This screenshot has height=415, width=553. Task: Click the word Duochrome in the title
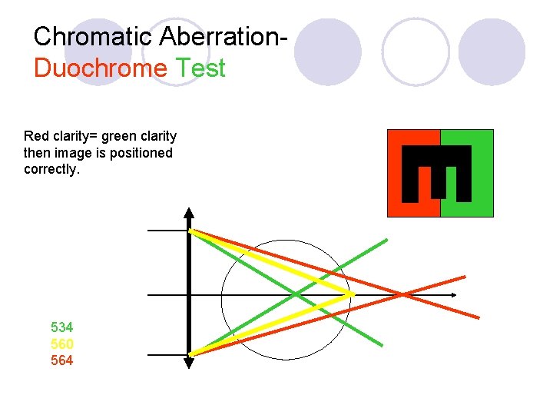(100, 68)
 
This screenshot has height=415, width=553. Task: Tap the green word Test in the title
(200, 68)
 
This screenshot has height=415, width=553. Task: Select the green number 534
(62, 327)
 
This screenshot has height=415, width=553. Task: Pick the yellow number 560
(62, 344)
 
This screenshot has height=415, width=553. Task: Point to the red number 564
(62, 360)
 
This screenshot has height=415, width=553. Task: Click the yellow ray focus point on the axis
(351, 294)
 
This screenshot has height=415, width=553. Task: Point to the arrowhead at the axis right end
(454, 295)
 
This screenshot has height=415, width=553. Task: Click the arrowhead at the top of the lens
(189, 213)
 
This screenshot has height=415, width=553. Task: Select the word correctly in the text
(51, 169)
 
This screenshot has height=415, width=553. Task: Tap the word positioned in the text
(144, 153)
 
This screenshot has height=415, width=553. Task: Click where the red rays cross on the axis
(402, 294)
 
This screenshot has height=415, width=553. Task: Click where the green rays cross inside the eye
(297, 294)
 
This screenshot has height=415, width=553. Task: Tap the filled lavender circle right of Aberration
(327, 51)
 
